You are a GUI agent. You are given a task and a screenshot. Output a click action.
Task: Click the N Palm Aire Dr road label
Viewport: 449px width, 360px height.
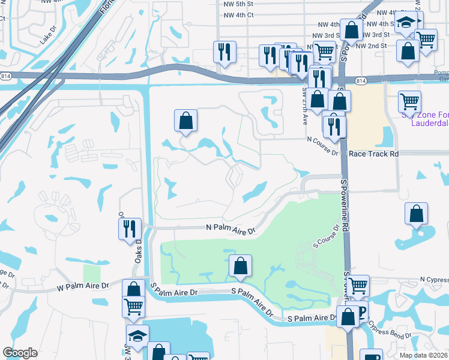(231, 229)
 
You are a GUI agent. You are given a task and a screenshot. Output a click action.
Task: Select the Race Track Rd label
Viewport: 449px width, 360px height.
(373, 154)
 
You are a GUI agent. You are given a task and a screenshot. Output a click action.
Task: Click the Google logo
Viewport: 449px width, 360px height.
(20, 353)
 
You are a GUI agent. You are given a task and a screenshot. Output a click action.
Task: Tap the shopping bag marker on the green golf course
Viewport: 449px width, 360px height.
(240, 266)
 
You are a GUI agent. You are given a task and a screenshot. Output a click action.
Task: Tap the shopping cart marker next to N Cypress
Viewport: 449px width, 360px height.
(358, 286)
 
